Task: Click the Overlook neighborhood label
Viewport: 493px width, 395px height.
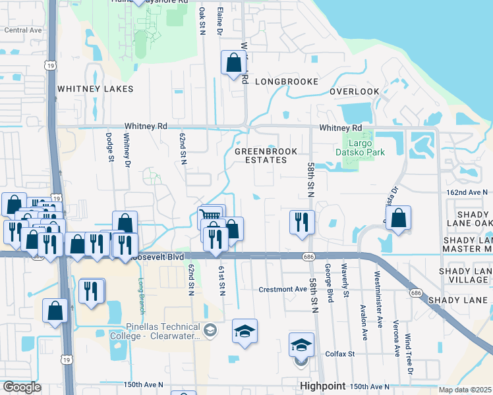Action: [x=355, y=92]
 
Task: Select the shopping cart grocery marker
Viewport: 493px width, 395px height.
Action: [x=210, y=217]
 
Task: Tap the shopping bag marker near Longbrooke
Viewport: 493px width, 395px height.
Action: [x=233, y=63]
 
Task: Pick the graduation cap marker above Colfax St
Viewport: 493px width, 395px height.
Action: [x=301, y=344]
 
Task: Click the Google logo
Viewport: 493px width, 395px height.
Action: [x=22, y=387]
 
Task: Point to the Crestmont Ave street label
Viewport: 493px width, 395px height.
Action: [x=283, y=290]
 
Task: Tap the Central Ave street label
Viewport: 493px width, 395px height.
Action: [x=23, y=30]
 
